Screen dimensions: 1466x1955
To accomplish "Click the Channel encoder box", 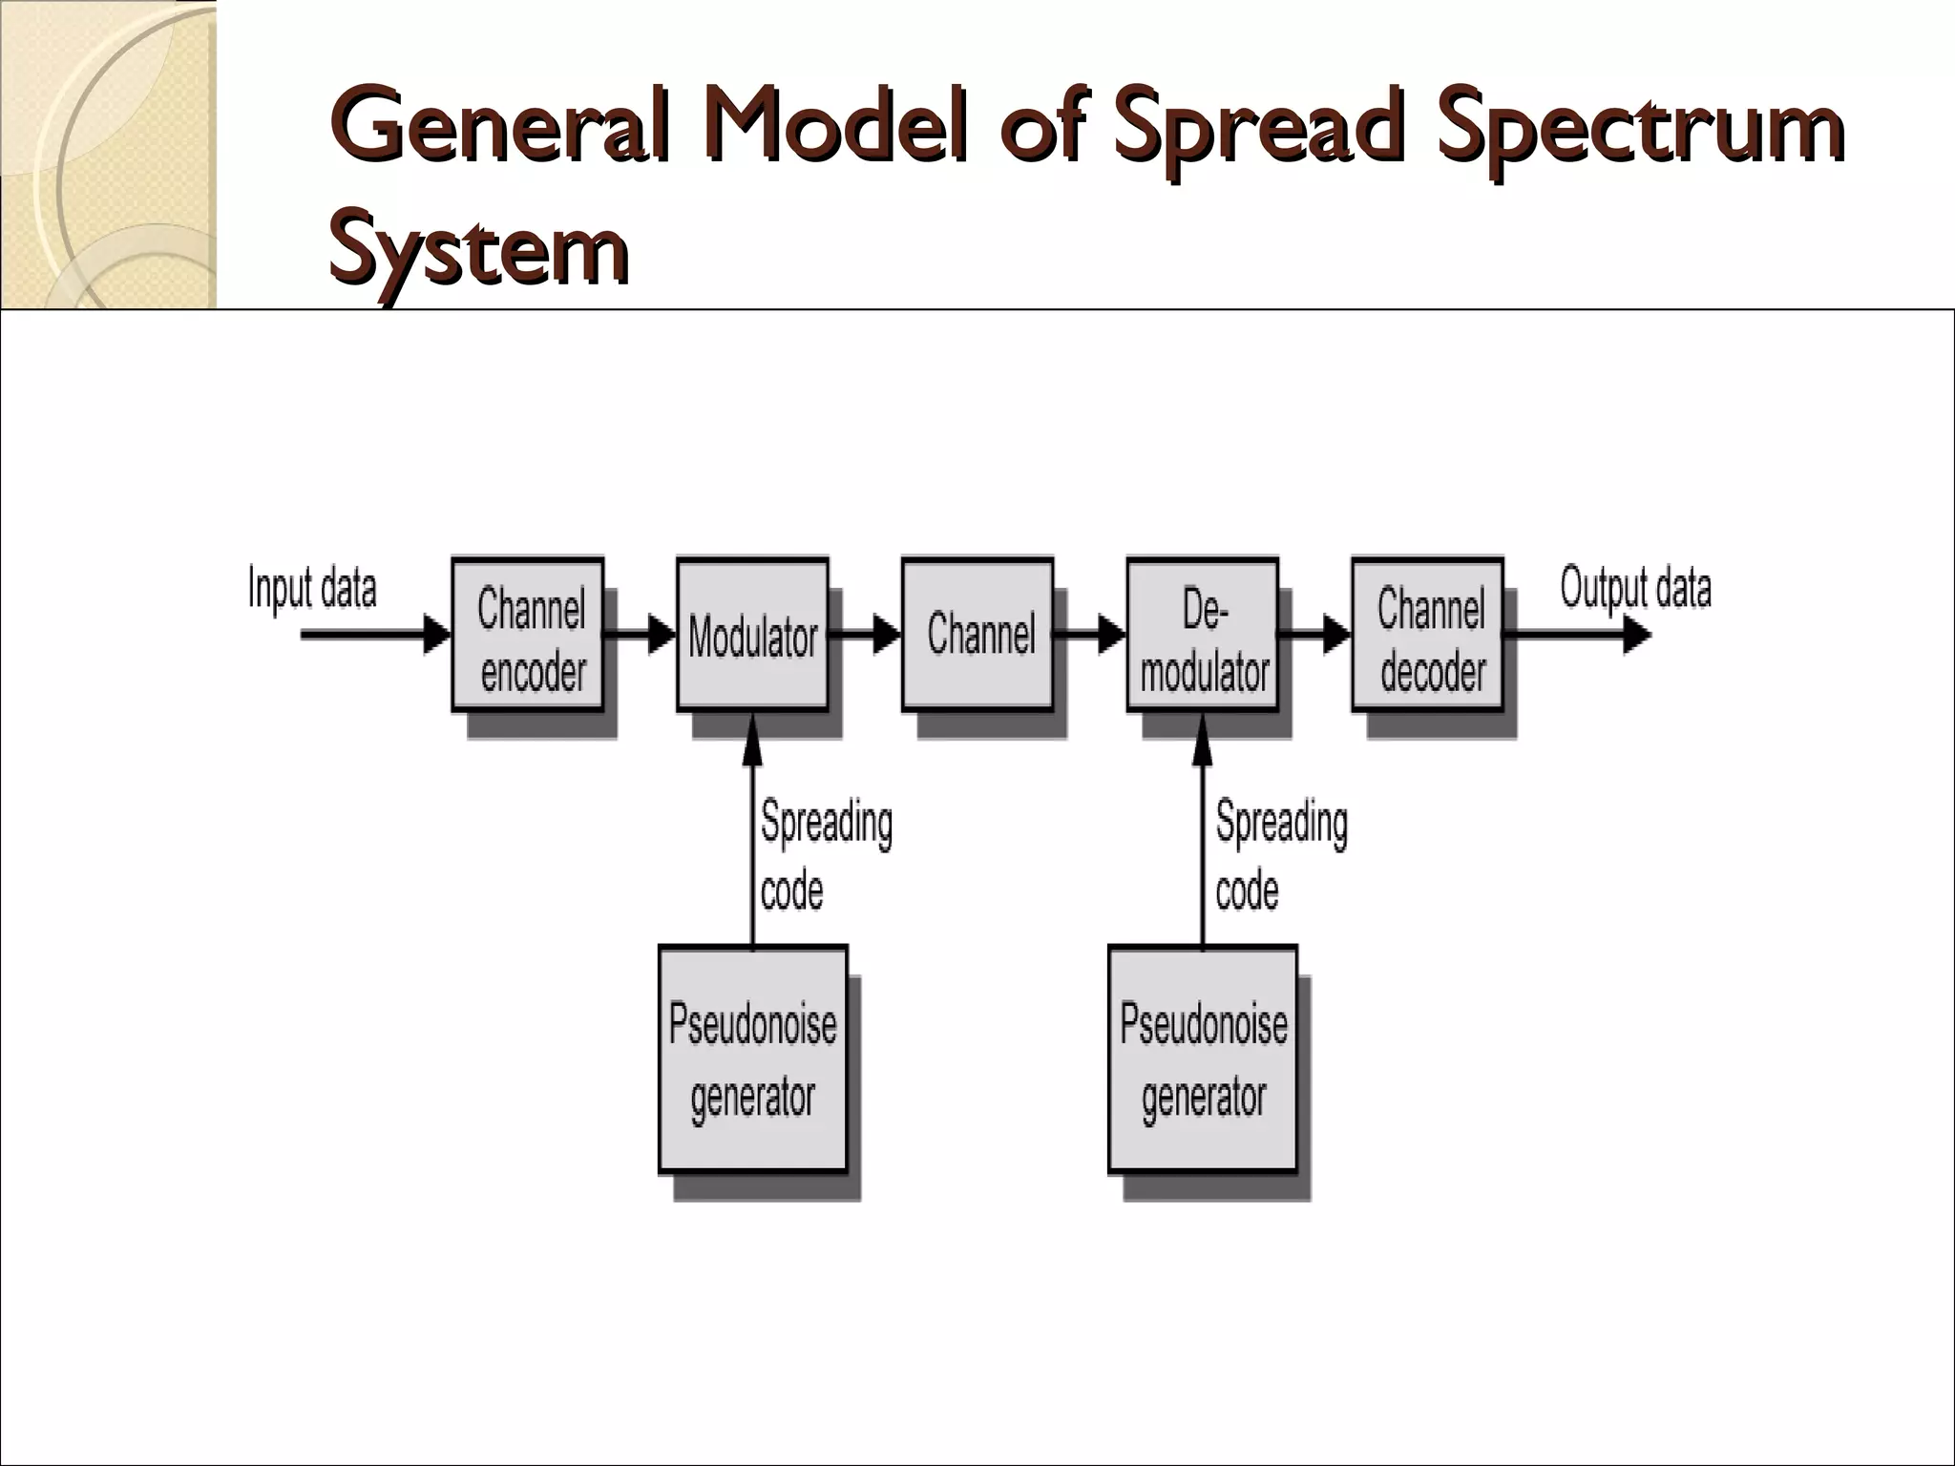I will coord(528,635).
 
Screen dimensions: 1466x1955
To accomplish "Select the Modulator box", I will coord(752,635).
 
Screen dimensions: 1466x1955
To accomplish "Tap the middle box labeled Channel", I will coord(977,635).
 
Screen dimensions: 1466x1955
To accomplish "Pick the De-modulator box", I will coord(1203,635).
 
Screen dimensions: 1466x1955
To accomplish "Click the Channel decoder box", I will coord(1428,635).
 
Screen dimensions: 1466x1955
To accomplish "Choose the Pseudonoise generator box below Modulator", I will coord(753,1058).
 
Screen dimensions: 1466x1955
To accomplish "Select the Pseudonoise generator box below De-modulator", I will coord(1203,1058).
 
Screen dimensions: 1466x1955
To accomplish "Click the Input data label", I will coord(312,588).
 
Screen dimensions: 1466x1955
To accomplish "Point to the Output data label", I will coord(1635,588).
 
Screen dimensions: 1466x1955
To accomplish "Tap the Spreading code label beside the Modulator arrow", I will coord(826,856).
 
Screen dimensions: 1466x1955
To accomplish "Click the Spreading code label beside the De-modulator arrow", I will coord(1281,856).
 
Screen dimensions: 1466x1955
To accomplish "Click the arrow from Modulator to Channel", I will coord(865,634).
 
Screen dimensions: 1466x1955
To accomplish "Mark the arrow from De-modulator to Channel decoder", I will coord(1315,634).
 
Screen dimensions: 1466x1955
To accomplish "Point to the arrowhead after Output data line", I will coord(1636,635).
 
